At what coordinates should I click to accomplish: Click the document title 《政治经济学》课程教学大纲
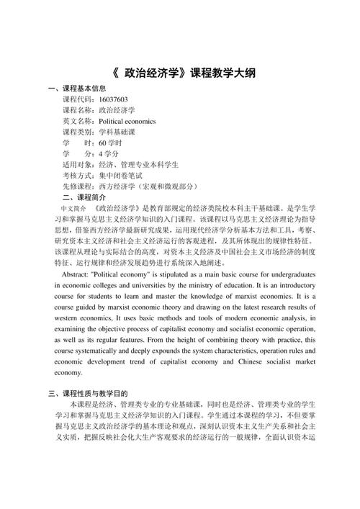pyautogui.click(x=180, y=73)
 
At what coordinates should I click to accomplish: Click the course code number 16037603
pyautogui.click(x=113, y=99)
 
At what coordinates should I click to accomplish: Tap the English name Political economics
pyautogui.click(x=133, y=122)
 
